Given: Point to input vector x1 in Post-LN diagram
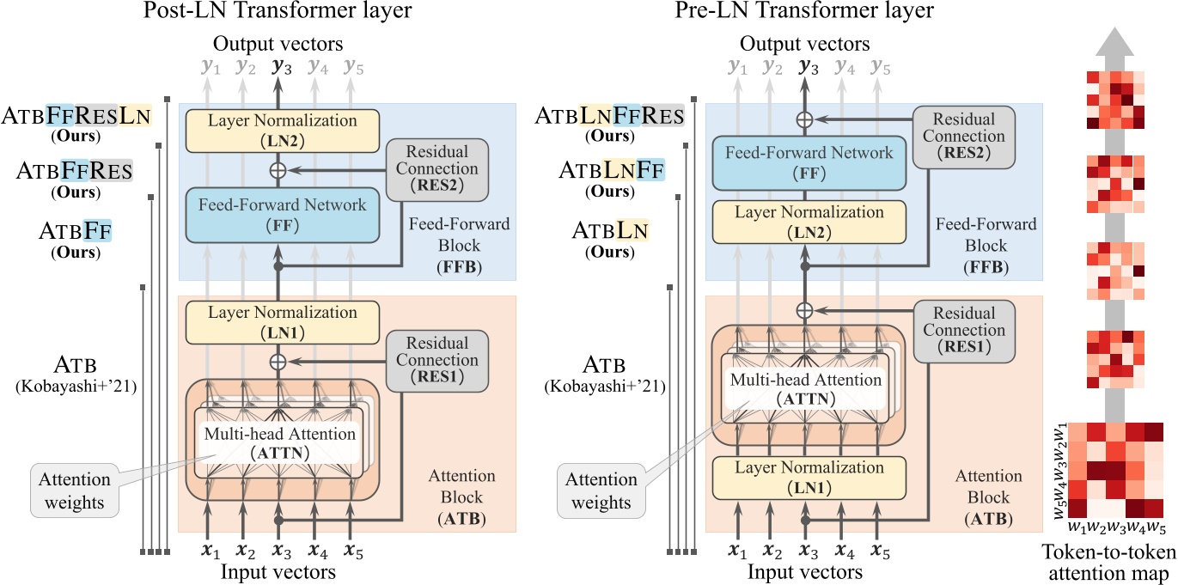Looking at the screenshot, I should [208, 549].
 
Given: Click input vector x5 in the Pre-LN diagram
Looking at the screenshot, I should [879, 549].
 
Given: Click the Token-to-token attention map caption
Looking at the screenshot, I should [1109, 562].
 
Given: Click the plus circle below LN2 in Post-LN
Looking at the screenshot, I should [278, 170].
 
